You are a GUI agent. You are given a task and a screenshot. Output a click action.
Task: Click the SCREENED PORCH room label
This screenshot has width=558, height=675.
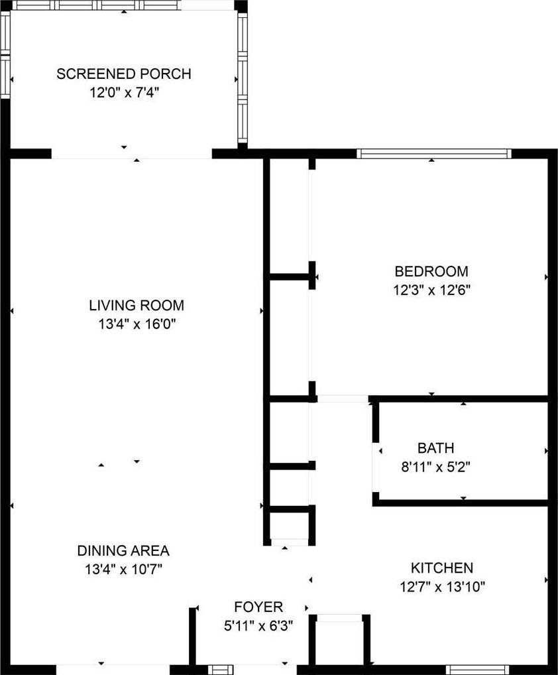coord(124,74)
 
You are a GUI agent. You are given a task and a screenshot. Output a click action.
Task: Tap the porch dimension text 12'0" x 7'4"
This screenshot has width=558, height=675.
coord(124,93)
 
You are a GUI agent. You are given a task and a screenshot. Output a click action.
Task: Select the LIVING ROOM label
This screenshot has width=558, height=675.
coord(137,306)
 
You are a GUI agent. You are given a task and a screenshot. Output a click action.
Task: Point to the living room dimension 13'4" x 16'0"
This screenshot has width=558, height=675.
coord(137,324)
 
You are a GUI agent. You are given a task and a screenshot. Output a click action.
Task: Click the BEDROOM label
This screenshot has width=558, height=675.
coord(431,272)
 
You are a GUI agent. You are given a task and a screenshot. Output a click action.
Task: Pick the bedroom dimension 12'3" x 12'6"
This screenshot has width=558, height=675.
coord(431,290)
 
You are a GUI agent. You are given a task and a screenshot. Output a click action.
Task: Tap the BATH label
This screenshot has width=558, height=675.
coord(436,448)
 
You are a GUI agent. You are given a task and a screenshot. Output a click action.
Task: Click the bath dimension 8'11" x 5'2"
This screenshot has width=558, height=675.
coord(436,467)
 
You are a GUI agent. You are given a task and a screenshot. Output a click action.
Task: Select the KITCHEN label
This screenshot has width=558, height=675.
coord(442,568)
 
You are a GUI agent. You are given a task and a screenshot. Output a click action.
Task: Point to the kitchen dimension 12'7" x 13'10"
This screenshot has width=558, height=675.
coord(442,586)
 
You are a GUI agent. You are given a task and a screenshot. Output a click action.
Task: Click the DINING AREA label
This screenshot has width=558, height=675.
coord(123,551)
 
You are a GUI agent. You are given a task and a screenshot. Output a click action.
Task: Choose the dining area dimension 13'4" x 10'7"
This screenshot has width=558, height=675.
coord(123,570)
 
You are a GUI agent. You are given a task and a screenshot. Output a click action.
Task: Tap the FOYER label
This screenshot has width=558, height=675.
coord(258,607)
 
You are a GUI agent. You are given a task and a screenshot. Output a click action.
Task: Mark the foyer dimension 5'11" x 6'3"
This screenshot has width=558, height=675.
coord(258,625)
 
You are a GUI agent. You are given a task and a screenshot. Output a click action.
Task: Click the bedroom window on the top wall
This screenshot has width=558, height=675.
coord(434,154)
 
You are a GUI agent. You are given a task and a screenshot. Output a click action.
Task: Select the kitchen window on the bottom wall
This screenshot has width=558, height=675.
coord(479,670)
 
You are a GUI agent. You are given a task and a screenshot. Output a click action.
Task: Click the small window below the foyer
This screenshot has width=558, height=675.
coord(221,670)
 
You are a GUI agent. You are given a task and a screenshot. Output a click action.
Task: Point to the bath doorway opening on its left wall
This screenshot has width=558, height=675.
coord(376,467)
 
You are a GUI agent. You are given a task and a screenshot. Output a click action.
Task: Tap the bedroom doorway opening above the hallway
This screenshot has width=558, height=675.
coord(343,399)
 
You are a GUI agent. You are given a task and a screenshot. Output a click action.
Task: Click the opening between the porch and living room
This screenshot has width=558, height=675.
coord(132,154)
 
